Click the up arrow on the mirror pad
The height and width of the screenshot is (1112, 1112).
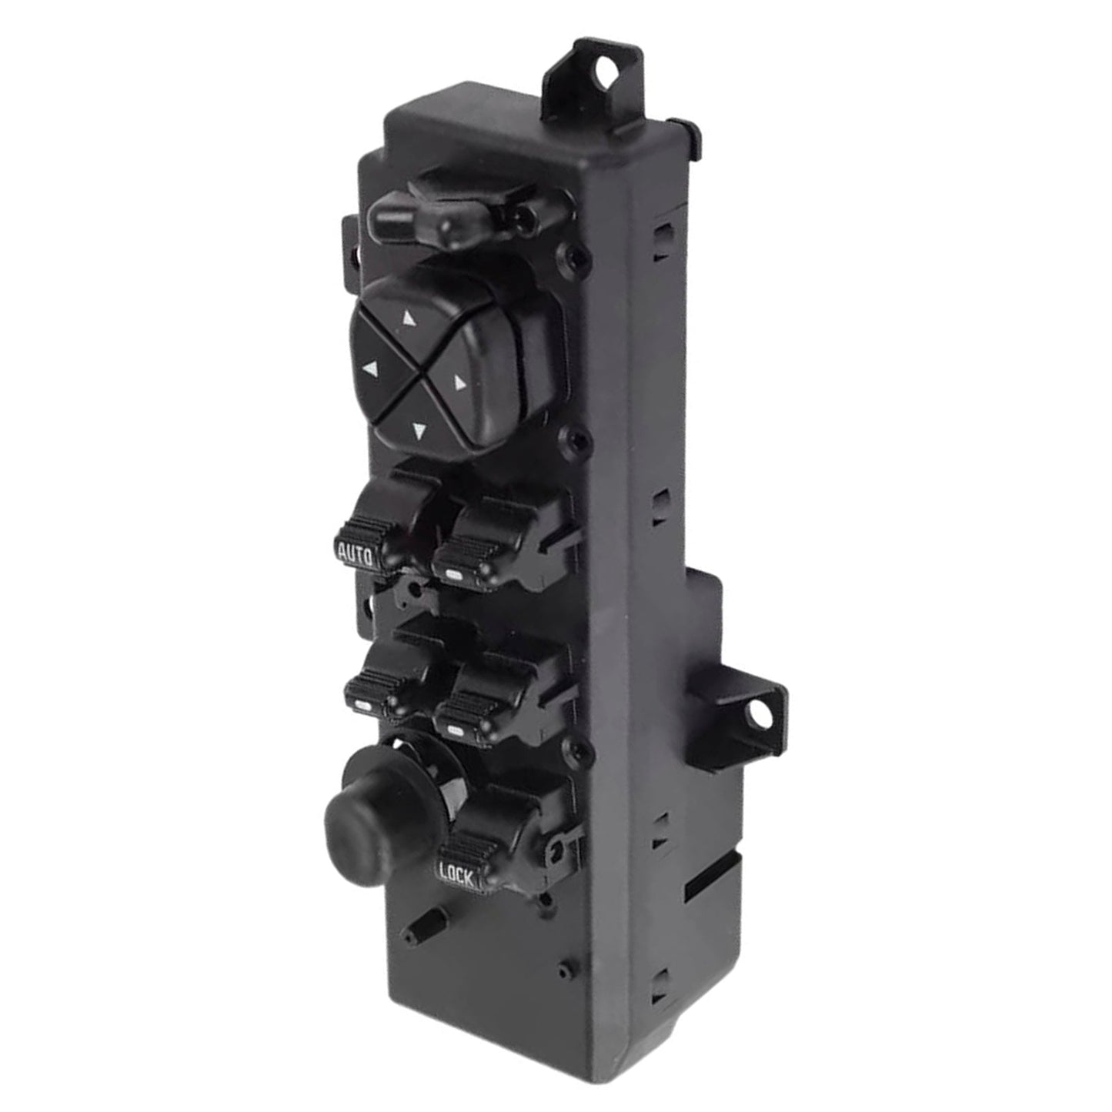tap(409, 317)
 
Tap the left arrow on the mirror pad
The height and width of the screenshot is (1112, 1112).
tap(371, 369)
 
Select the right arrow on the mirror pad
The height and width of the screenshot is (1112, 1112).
tap(460, 381)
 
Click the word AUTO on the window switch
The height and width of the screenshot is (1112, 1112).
tap(356, 553)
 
